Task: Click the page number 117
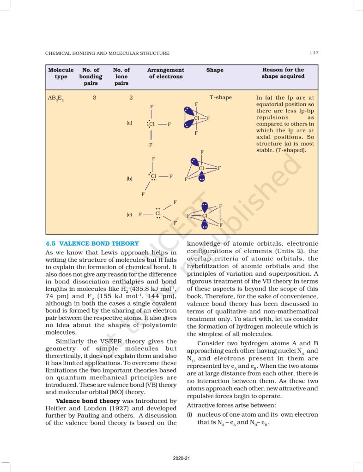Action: pos(314,53)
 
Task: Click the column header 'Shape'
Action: pos(214,70)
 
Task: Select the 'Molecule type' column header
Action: pos(61,73)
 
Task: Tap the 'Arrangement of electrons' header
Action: pos(165,73)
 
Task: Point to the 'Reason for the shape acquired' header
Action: pos(283,73)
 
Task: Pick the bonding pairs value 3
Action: pos(94,97)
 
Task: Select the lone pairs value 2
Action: pos(131,97)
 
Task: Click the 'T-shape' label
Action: pos(221,97)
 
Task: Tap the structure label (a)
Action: pos(129,123)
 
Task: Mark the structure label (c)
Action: pos(129,215)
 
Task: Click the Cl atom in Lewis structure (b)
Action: pos(154,176)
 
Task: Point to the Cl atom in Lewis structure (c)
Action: pos(158,213)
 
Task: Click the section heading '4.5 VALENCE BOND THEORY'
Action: pos(92,243)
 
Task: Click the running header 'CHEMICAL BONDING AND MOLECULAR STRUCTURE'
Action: pos(107,53)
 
